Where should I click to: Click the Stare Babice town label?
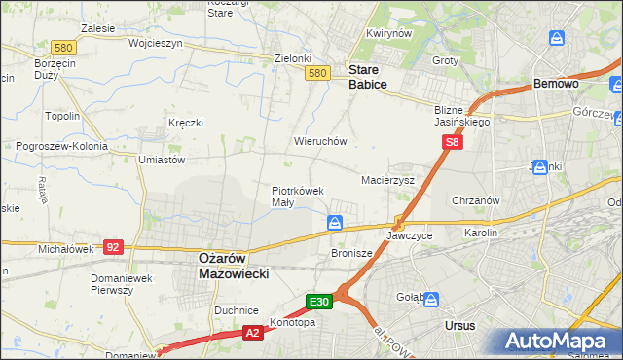368,77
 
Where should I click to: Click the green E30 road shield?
321,303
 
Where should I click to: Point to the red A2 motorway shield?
252,333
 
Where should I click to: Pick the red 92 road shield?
113,247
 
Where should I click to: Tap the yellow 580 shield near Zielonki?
315,73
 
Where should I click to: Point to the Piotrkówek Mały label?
297,197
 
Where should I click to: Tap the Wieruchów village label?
320,141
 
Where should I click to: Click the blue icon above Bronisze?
335,224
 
